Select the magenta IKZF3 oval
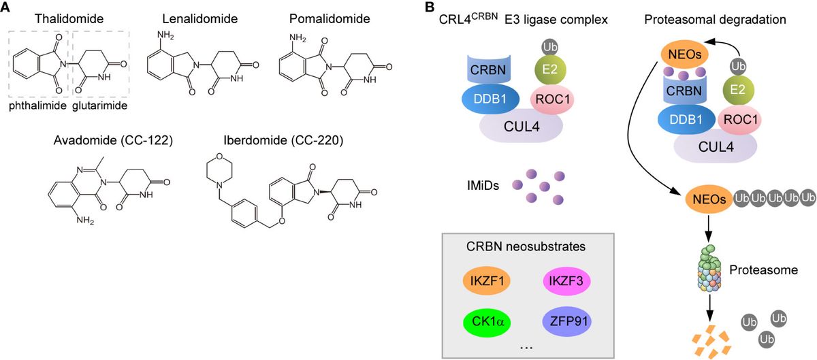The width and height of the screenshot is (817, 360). [x=563, y=280]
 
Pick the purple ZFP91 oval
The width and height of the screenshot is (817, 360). [x=563, y=319]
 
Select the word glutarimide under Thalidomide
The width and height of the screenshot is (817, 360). [x=99, y=106]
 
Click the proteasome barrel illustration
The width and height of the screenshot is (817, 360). [x=707, y=269]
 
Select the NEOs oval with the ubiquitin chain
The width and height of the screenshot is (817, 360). [x=707, y=198]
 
